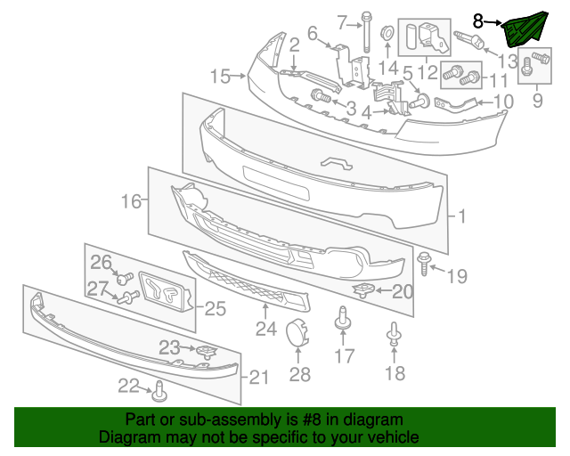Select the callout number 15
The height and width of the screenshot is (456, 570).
click(x=219, y=77)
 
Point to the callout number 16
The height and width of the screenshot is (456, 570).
click(x=132, y=202)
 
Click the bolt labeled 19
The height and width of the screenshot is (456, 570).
click(x=424, y=263)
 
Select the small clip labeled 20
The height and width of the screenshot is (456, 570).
click(x=363, y=289)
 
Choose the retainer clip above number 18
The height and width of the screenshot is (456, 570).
click(x=392, y=334)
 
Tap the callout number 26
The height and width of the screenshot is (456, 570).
click(x=101, y=262)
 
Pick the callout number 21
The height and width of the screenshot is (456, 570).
click(x=258, y=378)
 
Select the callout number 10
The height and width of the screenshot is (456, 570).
click(x=503, y=102)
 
